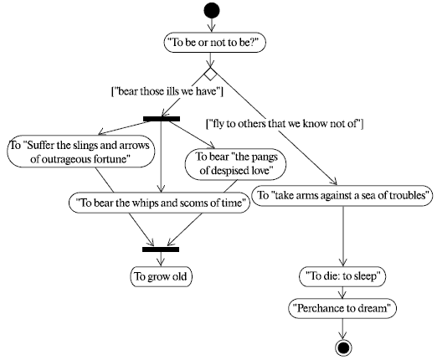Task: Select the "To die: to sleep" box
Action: [x=343, y=275]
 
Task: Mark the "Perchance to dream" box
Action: [x=343, y=307]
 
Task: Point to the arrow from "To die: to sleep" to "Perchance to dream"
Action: [x=343, y=291]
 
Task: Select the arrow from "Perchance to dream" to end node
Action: [x=343, y=326]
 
